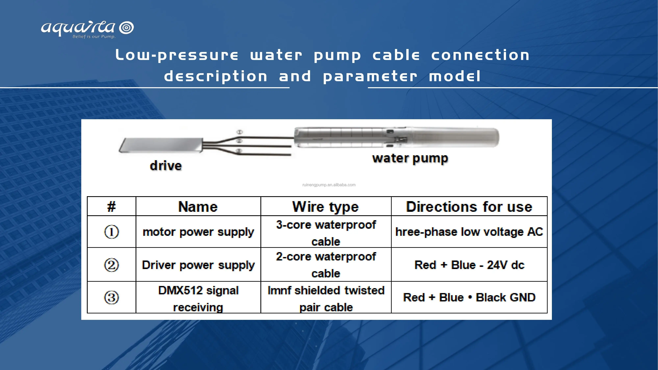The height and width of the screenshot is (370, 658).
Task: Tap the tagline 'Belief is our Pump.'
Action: click(x=94, y=37)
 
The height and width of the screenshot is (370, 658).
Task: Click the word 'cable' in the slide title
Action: click(x=396, y=55)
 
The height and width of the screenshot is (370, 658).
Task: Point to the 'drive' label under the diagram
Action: click(x=166, y=166)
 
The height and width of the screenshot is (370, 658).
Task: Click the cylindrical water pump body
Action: click(x=396, y=138)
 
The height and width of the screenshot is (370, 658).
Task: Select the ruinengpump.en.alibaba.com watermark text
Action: click(x=329, y=185)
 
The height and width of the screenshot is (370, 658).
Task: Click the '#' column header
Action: click(x=111, y=207)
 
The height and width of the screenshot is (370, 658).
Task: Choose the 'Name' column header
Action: click(x=198, y=207)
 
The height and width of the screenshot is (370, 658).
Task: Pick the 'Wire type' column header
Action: click(x=326, y=207)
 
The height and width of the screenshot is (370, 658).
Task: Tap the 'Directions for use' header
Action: click(x=469, y=207)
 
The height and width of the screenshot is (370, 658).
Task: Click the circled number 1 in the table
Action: click(x=111, y=232)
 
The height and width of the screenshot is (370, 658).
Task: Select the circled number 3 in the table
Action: click(x=111, y=297)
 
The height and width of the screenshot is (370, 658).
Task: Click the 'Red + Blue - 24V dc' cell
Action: click(x=469, y=265)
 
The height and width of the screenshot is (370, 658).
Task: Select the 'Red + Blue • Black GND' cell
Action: click(x=469, y=297)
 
